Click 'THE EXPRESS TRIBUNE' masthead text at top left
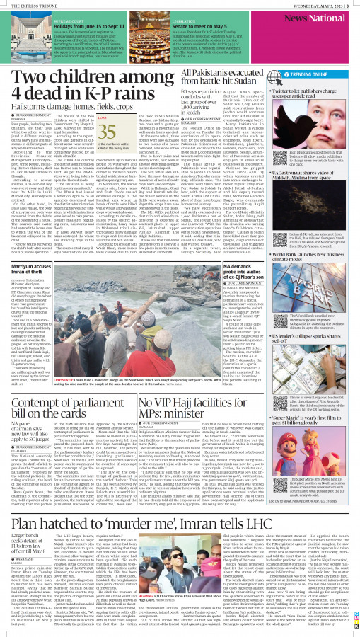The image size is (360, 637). pyautogui.click(x=29, y=5)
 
